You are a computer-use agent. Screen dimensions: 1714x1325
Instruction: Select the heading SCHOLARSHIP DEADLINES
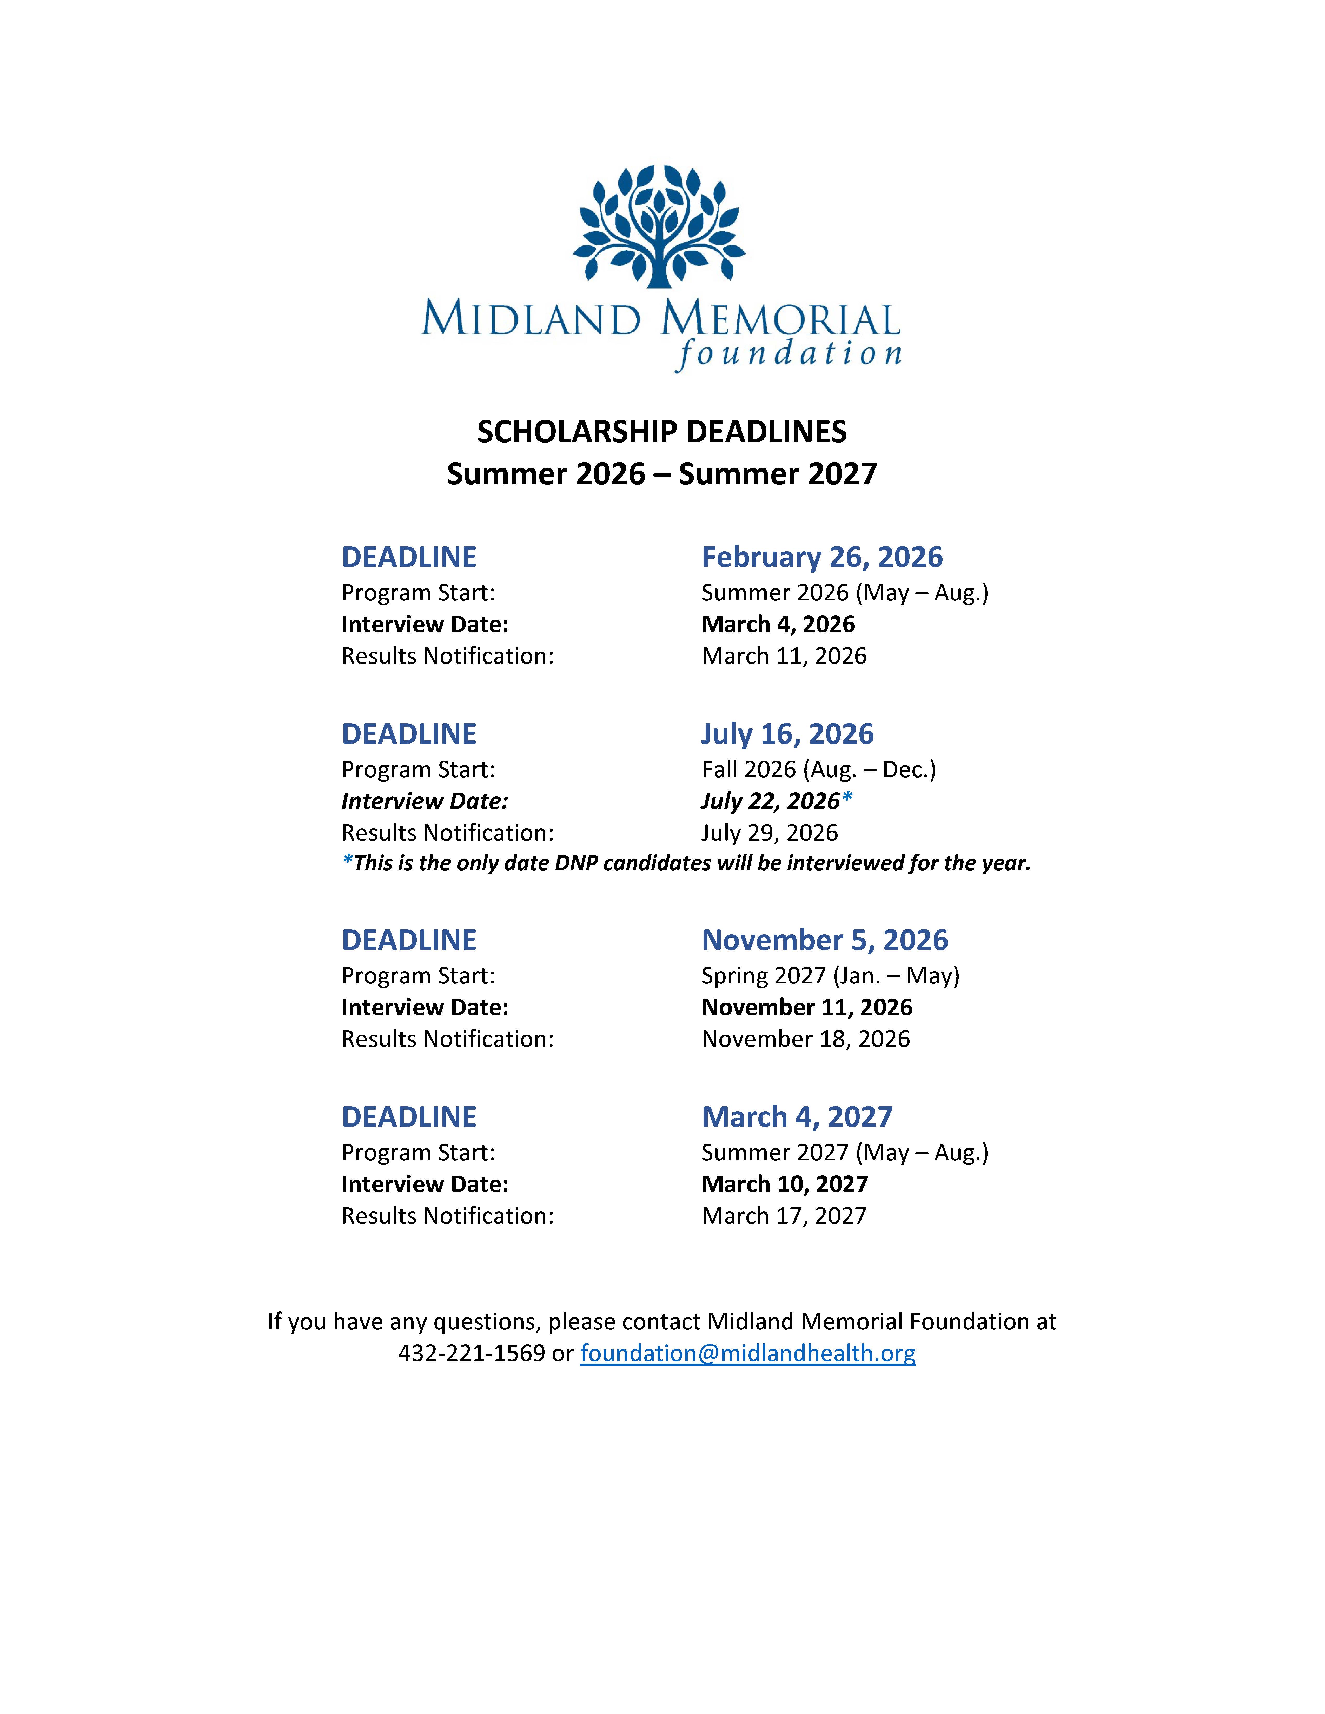(x=662, y=432)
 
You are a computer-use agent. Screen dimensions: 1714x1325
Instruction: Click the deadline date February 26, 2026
(x=822, y=557)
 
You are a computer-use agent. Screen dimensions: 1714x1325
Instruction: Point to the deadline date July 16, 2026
(x=787, y=734)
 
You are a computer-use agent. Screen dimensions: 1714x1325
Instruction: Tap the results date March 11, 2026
(x=783, y=656)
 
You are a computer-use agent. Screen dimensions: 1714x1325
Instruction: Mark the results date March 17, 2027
(x=783, y=1216)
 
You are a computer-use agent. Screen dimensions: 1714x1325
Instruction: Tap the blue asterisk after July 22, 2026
(x=847, y=799)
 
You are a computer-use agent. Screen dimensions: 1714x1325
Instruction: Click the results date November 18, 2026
(x=805, y=1039)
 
